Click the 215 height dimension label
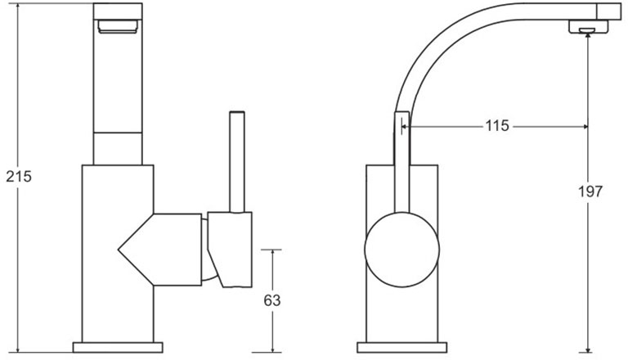[18, 176]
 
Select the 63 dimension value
[272, 300]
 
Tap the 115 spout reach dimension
[496, 126]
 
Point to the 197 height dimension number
[589, 191]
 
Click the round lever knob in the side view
[401, 249]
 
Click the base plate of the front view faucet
[119, 346]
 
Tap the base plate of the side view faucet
[401, 346]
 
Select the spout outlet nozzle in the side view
[586, 30]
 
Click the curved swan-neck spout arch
[442, 49]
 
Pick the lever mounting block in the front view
[230, 249]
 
